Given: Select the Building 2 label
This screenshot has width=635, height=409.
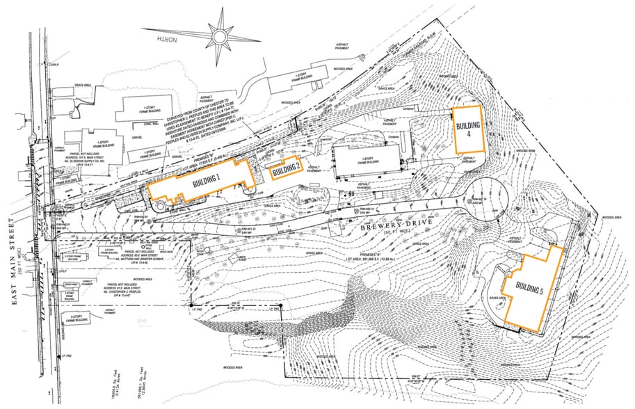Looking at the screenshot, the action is point(285,168).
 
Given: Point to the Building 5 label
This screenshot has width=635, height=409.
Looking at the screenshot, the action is point(530,291).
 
